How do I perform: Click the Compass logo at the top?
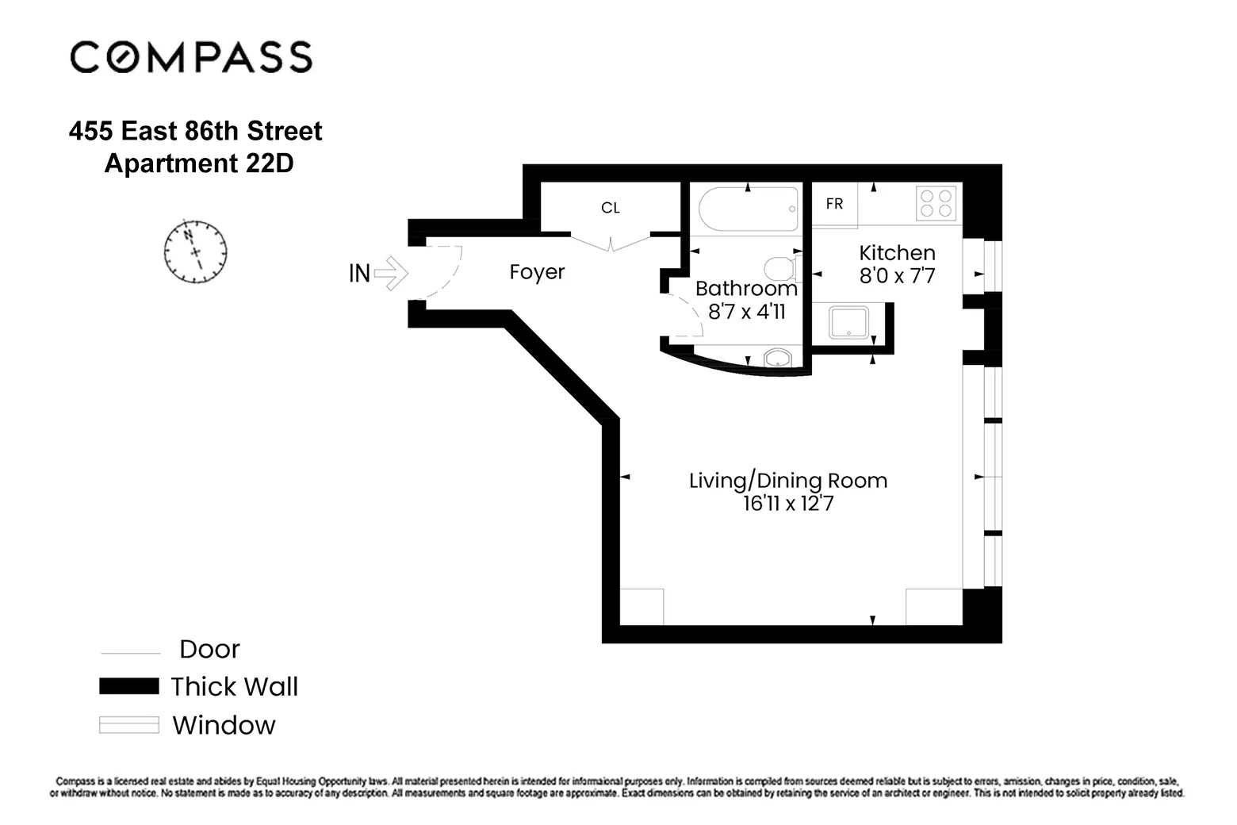[191, 58]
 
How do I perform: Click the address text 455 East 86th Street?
[195, 131]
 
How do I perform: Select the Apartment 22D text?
[199, 163]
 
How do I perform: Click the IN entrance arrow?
[389, 274]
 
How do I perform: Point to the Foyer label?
[537, 272]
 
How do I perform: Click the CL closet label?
[610, 208]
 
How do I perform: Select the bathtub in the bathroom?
[748, 209]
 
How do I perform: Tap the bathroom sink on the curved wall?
[778, 359]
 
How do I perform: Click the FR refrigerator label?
[834, 205]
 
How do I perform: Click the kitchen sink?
[849, 324]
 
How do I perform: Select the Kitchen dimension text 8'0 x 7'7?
[897, 276]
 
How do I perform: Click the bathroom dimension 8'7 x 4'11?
[746, 312]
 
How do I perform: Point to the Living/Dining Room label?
[787, 481]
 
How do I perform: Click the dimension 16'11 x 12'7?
[787, 504]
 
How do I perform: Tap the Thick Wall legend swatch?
[128, 686]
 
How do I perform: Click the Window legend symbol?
[128, 725]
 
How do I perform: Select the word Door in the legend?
[209, 650]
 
